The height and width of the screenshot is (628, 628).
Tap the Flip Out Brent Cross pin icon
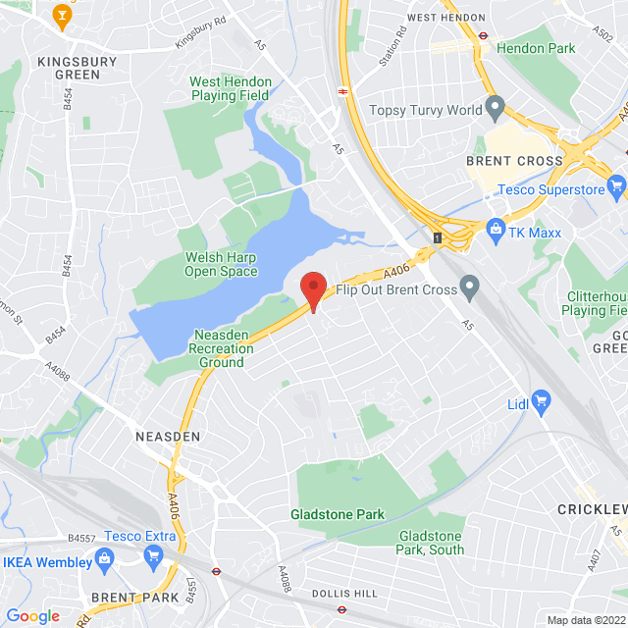pyautogui.click(x=470, y=288)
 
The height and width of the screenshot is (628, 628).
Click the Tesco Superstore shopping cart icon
pyautogui.click(x=616, y=185)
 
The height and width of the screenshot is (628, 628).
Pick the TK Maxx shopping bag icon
pyautogui.click(x=497, y=231)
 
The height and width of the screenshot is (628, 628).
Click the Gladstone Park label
pyautogui.click(x=338, y=514)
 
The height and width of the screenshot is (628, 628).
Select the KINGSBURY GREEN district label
pyautogui.click(x=77, y=68)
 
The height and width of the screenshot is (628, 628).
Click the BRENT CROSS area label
pyautogui.click(x=514, y=160)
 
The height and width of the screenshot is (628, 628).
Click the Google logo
pyautogui.click(x=32, y=615)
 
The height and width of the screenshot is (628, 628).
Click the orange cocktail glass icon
pyautogui.click(x=63, y=15)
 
